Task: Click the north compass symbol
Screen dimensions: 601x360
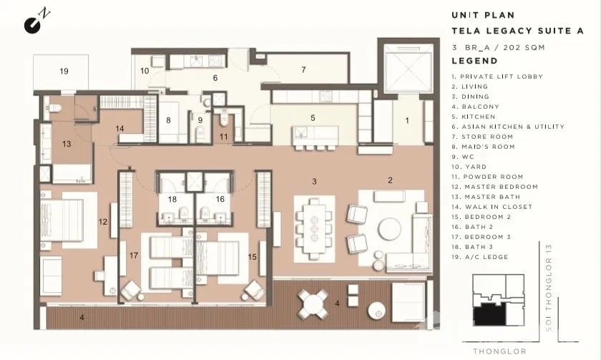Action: coord(35,22)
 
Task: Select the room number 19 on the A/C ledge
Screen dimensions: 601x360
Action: coord(64,71)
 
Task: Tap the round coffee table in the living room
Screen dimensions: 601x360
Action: coord(389,230)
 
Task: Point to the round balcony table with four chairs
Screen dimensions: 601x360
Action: coord(313,304)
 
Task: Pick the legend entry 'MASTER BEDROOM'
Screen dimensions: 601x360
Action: coord(502,187)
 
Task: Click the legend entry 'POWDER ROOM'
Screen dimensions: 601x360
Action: coord(493,177)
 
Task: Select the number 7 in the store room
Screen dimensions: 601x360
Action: coord(303,69)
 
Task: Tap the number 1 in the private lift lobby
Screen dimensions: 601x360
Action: coord(407,120)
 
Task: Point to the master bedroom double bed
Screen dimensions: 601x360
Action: coord(62,220)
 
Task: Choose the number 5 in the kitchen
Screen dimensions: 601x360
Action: coord(313,117)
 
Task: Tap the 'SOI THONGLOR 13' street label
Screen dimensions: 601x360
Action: coord(549,288)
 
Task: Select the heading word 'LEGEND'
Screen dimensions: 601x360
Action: coord(474,61)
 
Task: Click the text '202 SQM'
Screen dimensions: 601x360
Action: coord(524,47)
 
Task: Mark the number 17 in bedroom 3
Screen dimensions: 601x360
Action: coord(133,256)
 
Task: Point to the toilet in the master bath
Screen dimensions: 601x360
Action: coord(53,108)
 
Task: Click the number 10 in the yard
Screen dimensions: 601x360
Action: coord(145,71)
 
